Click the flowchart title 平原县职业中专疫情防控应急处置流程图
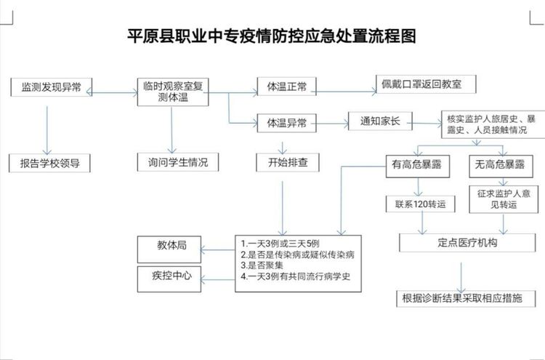(x=272, y=36)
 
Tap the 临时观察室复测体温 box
(x=173, y=91)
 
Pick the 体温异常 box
(x=286, y=123)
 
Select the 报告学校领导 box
(x=49, y=162)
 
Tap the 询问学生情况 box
(x=173, y=162)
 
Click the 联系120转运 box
(x=420, y=204)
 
